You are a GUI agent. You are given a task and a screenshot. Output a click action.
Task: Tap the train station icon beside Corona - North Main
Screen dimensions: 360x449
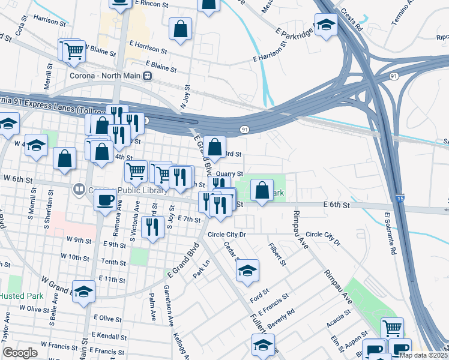point(147,76)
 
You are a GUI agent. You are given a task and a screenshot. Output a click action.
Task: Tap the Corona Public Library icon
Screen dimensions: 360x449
point(78,190)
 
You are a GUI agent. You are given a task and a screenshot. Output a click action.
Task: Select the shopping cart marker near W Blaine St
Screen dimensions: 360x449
point(73,52)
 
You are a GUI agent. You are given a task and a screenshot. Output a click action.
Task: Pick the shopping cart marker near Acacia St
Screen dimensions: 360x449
point(392,329)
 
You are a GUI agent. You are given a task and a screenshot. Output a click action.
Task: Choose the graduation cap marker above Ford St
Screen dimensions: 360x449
point(247,271)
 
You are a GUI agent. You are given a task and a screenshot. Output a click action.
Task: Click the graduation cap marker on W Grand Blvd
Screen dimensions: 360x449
point(83,292)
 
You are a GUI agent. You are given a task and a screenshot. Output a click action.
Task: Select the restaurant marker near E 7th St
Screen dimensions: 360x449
point(153,227)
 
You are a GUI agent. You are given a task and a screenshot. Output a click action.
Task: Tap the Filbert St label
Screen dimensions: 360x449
point(278,254)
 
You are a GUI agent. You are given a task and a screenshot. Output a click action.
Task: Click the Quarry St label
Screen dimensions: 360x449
point(230,174)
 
